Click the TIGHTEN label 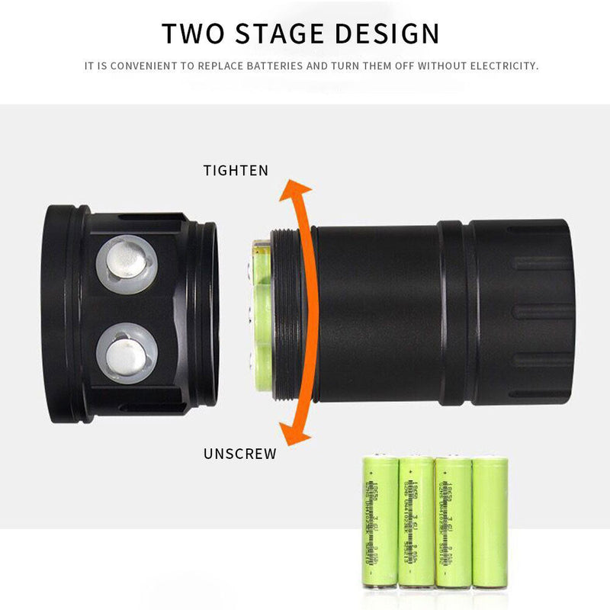pos(236,171)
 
